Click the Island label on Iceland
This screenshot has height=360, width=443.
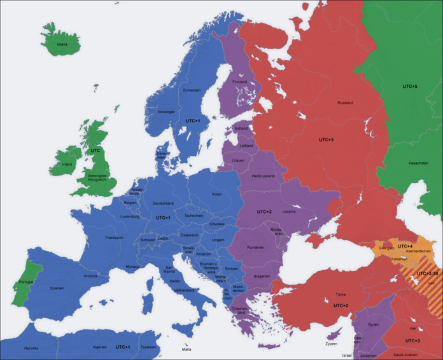(62, 45)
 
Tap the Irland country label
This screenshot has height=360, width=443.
(67, 163)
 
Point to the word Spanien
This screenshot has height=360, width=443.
(57, 288)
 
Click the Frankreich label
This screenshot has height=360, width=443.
(114, 238)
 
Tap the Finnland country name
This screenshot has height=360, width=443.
(239, 82)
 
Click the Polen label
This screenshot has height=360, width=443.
(217, 194)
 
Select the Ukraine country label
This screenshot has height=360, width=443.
(289, 212)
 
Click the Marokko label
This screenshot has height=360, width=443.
(31, 348)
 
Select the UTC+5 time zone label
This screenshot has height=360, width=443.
(410, 86)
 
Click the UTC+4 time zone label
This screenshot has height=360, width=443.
(405, 246)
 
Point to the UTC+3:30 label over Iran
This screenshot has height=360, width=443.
(426, 273)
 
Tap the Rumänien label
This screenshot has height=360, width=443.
(255, 247)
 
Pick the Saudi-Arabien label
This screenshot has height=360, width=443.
(405, 354)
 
